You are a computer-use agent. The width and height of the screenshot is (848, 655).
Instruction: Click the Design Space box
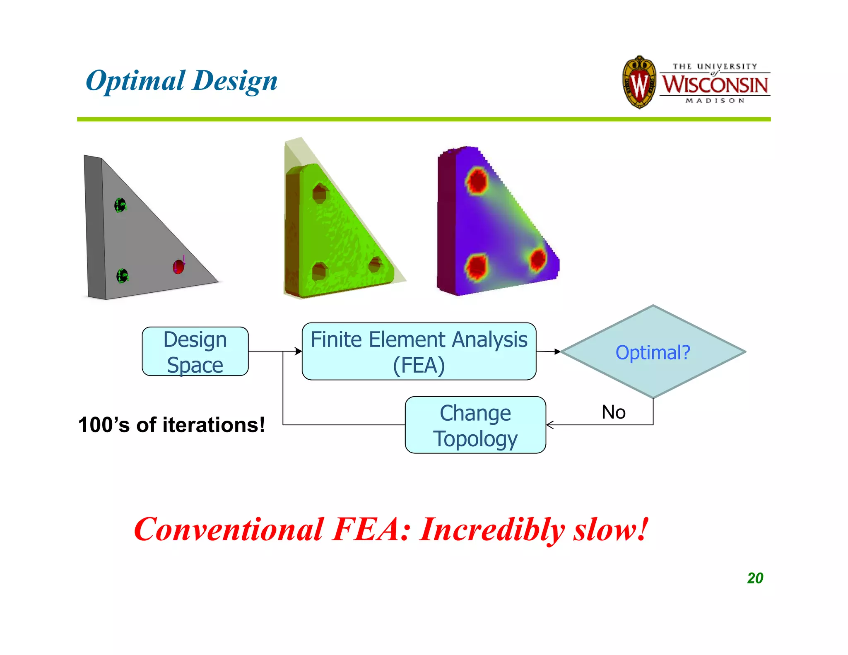coord(195,352)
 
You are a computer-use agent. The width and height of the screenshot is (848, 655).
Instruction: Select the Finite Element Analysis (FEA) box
coord(419,352)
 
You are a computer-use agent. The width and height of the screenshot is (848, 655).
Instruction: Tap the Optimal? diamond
coord(653,352)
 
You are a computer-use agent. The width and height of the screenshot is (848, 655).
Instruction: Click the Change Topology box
coord(475,425)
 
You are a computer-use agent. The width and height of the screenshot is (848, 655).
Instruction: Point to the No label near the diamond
coord(613,412)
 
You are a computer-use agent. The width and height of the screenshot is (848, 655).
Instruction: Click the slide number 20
coord(755,578)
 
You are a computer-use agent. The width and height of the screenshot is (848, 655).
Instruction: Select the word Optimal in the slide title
coord(135,80)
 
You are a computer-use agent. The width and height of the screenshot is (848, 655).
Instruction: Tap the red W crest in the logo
coord(639,83)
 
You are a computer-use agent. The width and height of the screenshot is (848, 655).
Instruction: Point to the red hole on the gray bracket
coord(178,267)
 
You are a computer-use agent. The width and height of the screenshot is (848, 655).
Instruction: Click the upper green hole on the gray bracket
coord(120,205)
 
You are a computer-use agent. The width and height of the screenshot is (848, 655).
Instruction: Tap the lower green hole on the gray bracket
coord(122,276)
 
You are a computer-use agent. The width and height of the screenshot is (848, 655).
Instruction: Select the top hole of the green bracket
coord(320,193)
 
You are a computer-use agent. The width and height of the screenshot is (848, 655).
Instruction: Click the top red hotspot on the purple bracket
coord(477,181)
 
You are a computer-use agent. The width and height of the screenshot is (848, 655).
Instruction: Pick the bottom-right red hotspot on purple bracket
coord(538,259)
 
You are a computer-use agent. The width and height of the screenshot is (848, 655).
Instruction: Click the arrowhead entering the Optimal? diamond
coord(558,352)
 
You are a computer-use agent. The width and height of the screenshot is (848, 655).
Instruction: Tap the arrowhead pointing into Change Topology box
coord(549,425)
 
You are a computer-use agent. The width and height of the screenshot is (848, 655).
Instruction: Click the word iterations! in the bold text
coord(213,425)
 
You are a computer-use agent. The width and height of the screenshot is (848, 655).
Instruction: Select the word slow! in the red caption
coord(610,530)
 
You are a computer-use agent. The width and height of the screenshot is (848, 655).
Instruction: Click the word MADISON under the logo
coord(715,101)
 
